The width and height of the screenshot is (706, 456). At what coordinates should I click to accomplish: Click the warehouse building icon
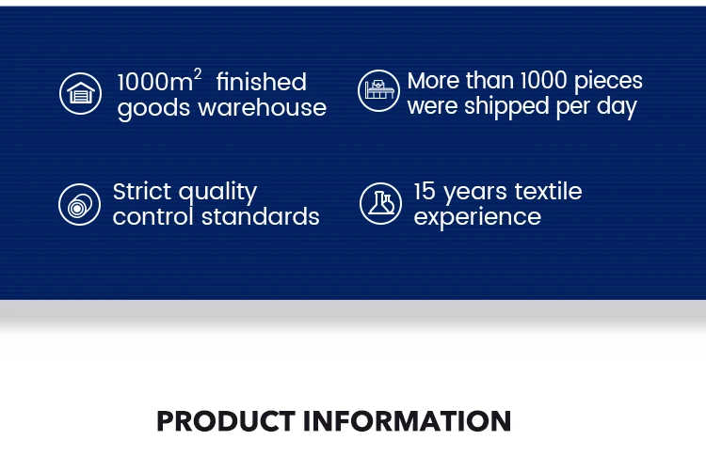pos(80,93)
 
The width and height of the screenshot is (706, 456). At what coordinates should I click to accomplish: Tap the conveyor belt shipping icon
pos(378,90)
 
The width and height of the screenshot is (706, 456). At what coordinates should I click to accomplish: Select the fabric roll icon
pos(79,204)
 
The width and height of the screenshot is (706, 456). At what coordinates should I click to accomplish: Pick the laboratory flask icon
pos(380,203)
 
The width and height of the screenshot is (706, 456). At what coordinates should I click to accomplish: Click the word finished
pos(261,83)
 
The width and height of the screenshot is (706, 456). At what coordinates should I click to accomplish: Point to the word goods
pos(153,109)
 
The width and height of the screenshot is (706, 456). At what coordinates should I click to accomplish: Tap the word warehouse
pos(263,108)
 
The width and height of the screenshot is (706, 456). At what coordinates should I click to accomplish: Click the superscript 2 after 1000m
pos(198,73)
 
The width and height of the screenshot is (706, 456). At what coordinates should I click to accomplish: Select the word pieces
pos(608,82)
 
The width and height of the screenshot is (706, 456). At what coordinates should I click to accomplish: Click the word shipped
pos(506,107)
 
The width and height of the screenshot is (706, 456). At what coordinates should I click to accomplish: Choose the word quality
pos(218,194)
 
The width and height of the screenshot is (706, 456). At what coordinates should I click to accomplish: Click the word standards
pos(260,217)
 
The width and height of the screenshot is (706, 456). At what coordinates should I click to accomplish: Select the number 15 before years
pos(425,191)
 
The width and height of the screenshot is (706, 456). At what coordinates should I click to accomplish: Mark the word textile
pos(548,191)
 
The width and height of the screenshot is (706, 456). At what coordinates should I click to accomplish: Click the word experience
pos(477,218)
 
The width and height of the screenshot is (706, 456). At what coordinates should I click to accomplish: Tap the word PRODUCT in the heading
pos(226,421)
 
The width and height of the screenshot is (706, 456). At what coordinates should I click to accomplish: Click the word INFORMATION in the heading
pos(408,421)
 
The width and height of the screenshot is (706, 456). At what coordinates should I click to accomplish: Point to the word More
pos(433,81)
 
